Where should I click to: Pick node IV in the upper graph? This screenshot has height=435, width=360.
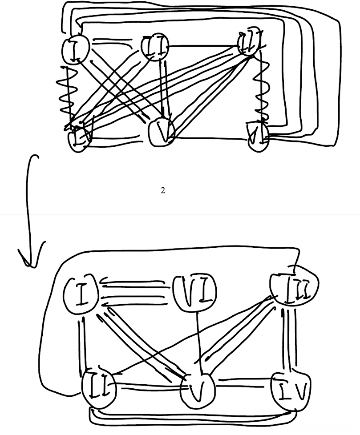pyautogui.click(x=79, y=137)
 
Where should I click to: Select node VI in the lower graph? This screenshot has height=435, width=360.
pyautogui.click(x=194, y=292)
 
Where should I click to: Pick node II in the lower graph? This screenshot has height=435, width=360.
pyautogui.click(x=99, y=388)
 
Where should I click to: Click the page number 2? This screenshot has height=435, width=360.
pyautogui.click(x=163, y=190)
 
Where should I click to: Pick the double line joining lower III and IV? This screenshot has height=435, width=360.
pyautogui.click(x=289, y=340)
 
